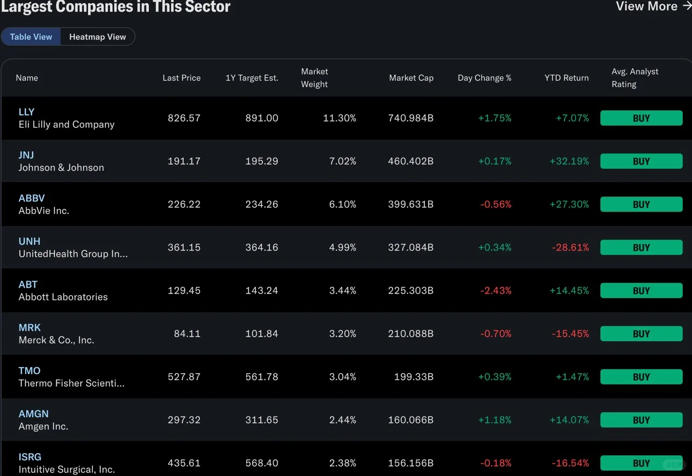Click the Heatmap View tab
(x=97, y=37)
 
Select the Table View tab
(x=31, y=37)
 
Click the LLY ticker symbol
(x=26, y=112)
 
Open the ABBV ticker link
(x=32, y=198)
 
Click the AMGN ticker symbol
(x=33, y=413)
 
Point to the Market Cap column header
(x=411, y=78)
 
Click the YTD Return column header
(x=567, y=78)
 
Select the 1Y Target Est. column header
(x=252, y=78)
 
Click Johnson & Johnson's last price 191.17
(x=184, y=161)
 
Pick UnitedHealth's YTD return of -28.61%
(x=570, y=247)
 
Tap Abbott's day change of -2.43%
(x=496, y=290)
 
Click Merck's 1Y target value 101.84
(x=262, y=333)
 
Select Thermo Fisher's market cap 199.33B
(x=414, y=377)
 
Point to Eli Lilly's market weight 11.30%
(x=340, y=118)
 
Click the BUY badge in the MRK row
(x=641, y=333)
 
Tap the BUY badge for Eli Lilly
(x=641, y=118)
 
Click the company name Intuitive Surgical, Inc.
(x=67, y=469)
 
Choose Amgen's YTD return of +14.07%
(x=569, y=420)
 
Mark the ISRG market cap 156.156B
(x=411, y=463)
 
